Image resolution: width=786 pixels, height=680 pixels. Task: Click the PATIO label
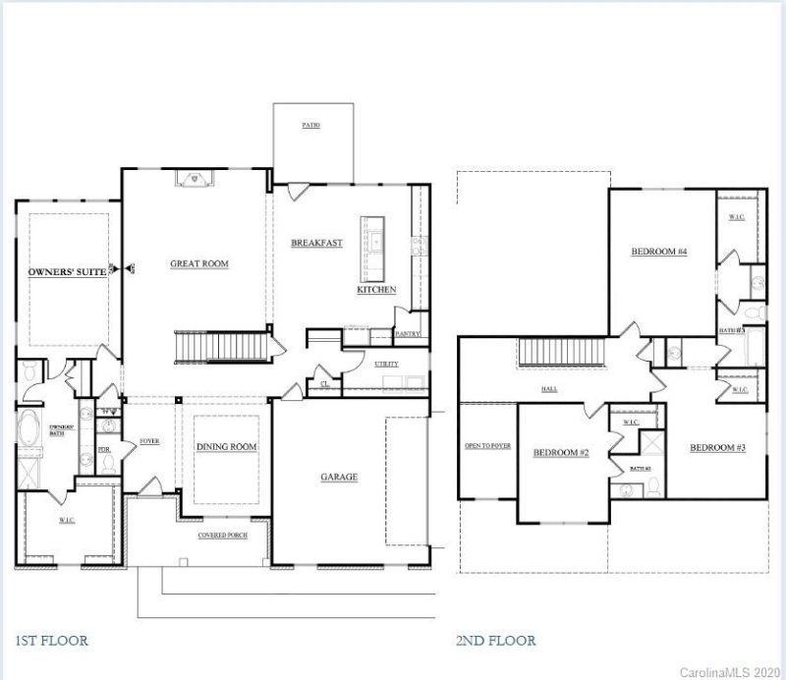(x=310, y=126)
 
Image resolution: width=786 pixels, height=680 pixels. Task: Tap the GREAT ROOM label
(x=199, y=263)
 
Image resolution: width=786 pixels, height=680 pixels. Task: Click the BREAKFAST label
(x=316, y=243)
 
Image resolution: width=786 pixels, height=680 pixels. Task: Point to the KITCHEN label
(x=376, y=290)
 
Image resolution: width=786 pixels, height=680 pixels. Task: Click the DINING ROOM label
(x=227, y=447)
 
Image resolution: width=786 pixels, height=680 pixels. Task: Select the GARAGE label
(x=339, y=478)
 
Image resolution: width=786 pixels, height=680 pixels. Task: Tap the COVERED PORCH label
(x=223, y=536)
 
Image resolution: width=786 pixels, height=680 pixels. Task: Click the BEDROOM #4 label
(x=658, y=253)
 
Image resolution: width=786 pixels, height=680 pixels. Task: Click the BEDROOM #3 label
(x=717, y=448)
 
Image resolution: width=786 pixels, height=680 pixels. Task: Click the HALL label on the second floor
(x=550, y=389)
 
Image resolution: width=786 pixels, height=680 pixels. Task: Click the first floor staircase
(x=220, y=347)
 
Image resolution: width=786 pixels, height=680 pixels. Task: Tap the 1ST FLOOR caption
(x=51, y=641)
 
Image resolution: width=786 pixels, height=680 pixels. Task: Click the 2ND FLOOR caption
(x=496, y=641)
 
